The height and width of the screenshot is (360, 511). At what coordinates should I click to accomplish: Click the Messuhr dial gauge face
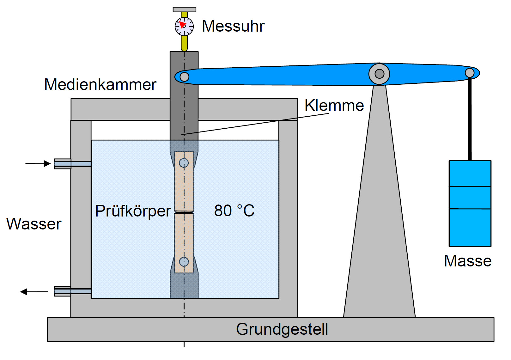click(x=184, y=26)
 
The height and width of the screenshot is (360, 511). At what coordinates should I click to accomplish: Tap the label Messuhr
click(x=233, y=26)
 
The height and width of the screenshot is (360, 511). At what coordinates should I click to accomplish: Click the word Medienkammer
click(x=100, y=85)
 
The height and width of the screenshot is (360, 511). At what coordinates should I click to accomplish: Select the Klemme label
click(x=334, y=105)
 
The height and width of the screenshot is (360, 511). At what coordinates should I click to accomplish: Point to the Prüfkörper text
click(x=133, y=211)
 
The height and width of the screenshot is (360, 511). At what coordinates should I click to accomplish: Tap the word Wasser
click(x=34, y=224)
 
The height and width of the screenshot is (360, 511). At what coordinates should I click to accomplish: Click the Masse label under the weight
click(x=468, y=261)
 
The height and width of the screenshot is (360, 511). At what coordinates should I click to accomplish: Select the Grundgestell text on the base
click(x=282, y=330)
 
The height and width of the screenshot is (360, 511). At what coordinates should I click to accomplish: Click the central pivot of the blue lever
click(x=379, y=74)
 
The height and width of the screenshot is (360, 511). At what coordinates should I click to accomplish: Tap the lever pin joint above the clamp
click(x=184, y=77)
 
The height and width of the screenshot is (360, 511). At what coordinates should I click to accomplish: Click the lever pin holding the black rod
click(x=470, y=73)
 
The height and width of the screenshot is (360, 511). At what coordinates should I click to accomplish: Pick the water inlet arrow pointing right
click(x=38, y=164)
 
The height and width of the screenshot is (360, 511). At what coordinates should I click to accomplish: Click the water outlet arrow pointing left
click(x=34, y=292)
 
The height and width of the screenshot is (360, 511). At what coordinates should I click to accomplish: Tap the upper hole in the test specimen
click(x=184, y=163)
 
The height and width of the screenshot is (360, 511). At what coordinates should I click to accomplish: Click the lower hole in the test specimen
click(x=184, y=262)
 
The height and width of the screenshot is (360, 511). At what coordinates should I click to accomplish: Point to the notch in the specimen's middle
click(x=184, y=212)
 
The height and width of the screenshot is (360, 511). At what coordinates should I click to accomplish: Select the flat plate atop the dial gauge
click(x=184, y=9)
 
